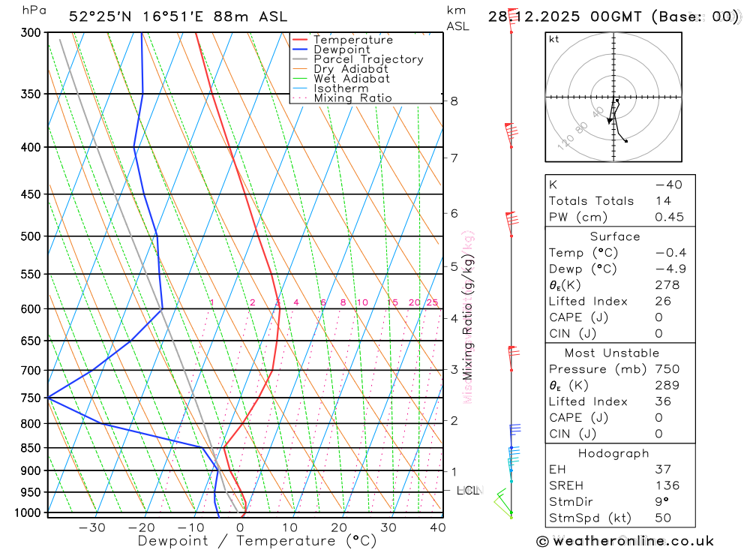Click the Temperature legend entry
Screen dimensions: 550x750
pyautogui.click(x=352, y=40)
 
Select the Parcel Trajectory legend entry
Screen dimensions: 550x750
pyautogui.click(x=368, y=59)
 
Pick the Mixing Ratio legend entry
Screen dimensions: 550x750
pyautogui.click(x=352, y=98)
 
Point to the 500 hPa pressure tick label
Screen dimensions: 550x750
pyautogui.click(x=31, y=236)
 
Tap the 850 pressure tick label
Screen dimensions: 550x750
pyautogui.click(x=31, y=448)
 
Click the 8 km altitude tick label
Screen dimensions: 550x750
pyautogui.click(x=454, y=101)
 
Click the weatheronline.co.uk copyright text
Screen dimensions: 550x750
pyautogui.click(x=625, y=541)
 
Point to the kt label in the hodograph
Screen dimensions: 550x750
pyautogui.click(x=553, y=39)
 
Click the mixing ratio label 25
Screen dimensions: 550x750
pyautogui.click(x=432, y=302)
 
